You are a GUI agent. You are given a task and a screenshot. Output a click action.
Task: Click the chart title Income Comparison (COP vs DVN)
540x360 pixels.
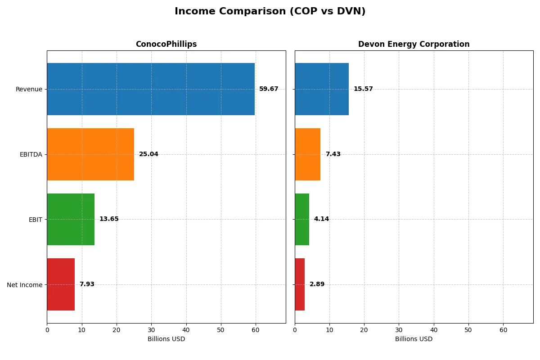click(x=270, y=12)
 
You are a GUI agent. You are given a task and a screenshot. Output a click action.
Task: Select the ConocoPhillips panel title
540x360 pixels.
click(x=166, y=44)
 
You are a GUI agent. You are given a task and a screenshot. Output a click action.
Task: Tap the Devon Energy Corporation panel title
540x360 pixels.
click(x=414, y=44)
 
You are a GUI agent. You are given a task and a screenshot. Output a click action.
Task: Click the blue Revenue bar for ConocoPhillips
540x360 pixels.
click(x=151, y=89)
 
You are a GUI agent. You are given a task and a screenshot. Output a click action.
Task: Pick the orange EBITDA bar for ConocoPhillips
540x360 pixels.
click(x=90, y=154)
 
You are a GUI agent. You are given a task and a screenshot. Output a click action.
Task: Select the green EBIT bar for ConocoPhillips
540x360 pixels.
click(x=71, y=219)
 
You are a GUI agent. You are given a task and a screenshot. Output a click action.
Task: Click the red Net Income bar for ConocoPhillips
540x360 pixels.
click(x=61, y=284)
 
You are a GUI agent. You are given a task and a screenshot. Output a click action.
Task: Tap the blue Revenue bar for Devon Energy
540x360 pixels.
click(x=322, y=89)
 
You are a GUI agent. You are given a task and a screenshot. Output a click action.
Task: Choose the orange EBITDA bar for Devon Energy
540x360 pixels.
click(x=308, y=154)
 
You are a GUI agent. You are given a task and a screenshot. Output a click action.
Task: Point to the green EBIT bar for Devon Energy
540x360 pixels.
click(x=302, y=219)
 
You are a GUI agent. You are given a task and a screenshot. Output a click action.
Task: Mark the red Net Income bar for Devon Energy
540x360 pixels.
click(x=300, y=284)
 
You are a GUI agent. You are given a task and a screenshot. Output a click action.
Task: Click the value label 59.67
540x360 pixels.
click(x=269, y=89)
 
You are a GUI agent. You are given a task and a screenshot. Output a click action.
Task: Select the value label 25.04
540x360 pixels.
click(x=148, y=154)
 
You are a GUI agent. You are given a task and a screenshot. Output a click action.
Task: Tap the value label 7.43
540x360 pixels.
click(x=333, y=154)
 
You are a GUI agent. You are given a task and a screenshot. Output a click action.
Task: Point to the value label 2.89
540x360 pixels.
click(x=317, y=284)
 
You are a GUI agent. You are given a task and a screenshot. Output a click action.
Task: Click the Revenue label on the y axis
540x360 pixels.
click(x=29, y=89)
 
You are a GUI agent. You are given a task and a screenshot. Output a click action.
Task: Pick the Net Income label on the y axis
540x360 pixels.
click(x=24, y=285)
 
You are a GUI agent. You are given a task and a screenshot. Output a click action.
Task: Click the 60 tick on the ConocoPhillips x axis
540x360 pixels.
click(x=256, y=330)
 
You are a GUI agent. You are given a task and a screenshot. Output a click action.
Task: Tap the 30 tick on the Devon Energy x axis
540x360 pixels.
click(x=399, y=330)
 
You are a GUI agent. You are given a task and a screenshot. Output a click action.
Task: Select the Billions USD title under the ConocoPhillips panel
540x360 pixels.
click(x=166, y=339)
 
